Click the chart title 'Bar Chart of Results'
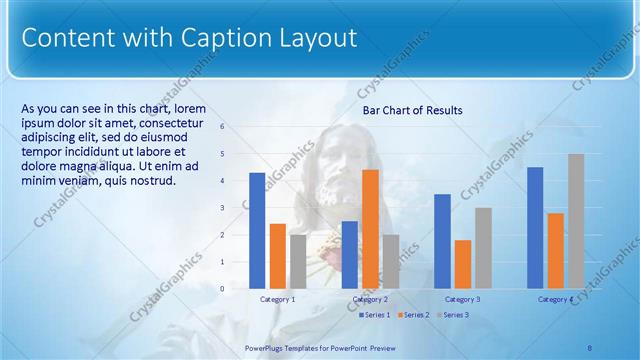412,110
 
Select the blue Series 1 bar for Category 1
257,230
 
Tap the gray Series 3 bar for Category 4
575,220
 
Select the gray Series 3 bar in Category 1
298,261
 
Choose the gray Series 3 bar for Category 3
483,248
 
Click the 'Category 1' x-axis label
277,299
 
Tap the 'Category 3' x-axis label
462,299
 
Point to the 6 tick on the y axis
222,126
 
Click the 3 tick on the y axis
222,207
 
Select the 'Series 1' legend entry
375,315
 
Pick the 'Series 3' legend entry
455,315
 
